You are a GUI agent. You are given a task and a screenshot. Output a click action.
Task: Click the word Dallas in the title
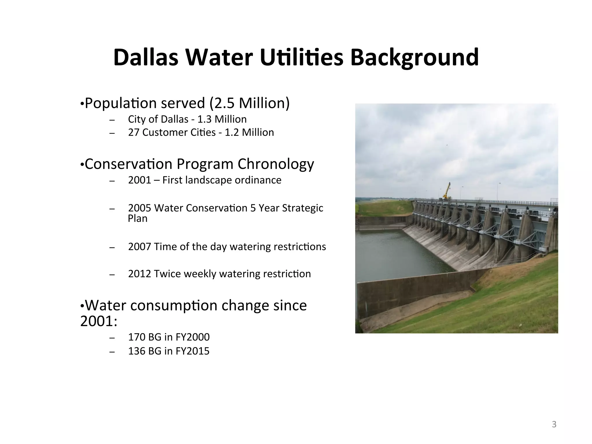145,58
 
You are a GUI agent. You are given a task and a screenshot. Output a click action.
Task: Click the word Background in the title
415,58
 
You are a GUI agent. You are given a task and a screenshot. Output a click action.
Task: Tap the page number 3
554,424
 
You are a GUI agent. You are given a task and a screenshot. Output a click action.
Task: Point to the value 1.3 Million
222,119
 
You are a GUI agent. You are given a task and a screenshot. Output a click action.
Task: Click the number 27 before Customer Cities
134,132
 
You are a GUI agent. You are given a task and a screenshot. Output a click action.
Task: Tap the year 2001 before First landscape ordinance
140,180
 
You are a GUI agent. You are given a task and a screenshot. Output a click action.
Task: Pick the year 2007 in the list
140,247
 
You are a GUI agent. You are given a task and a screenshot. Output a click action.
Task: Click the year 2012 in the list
140,274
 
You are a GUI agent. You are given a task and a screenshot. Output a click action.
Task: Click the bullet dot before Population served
82,104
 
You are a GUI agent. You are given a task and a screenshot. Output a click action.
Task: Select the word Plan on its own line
138,219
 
